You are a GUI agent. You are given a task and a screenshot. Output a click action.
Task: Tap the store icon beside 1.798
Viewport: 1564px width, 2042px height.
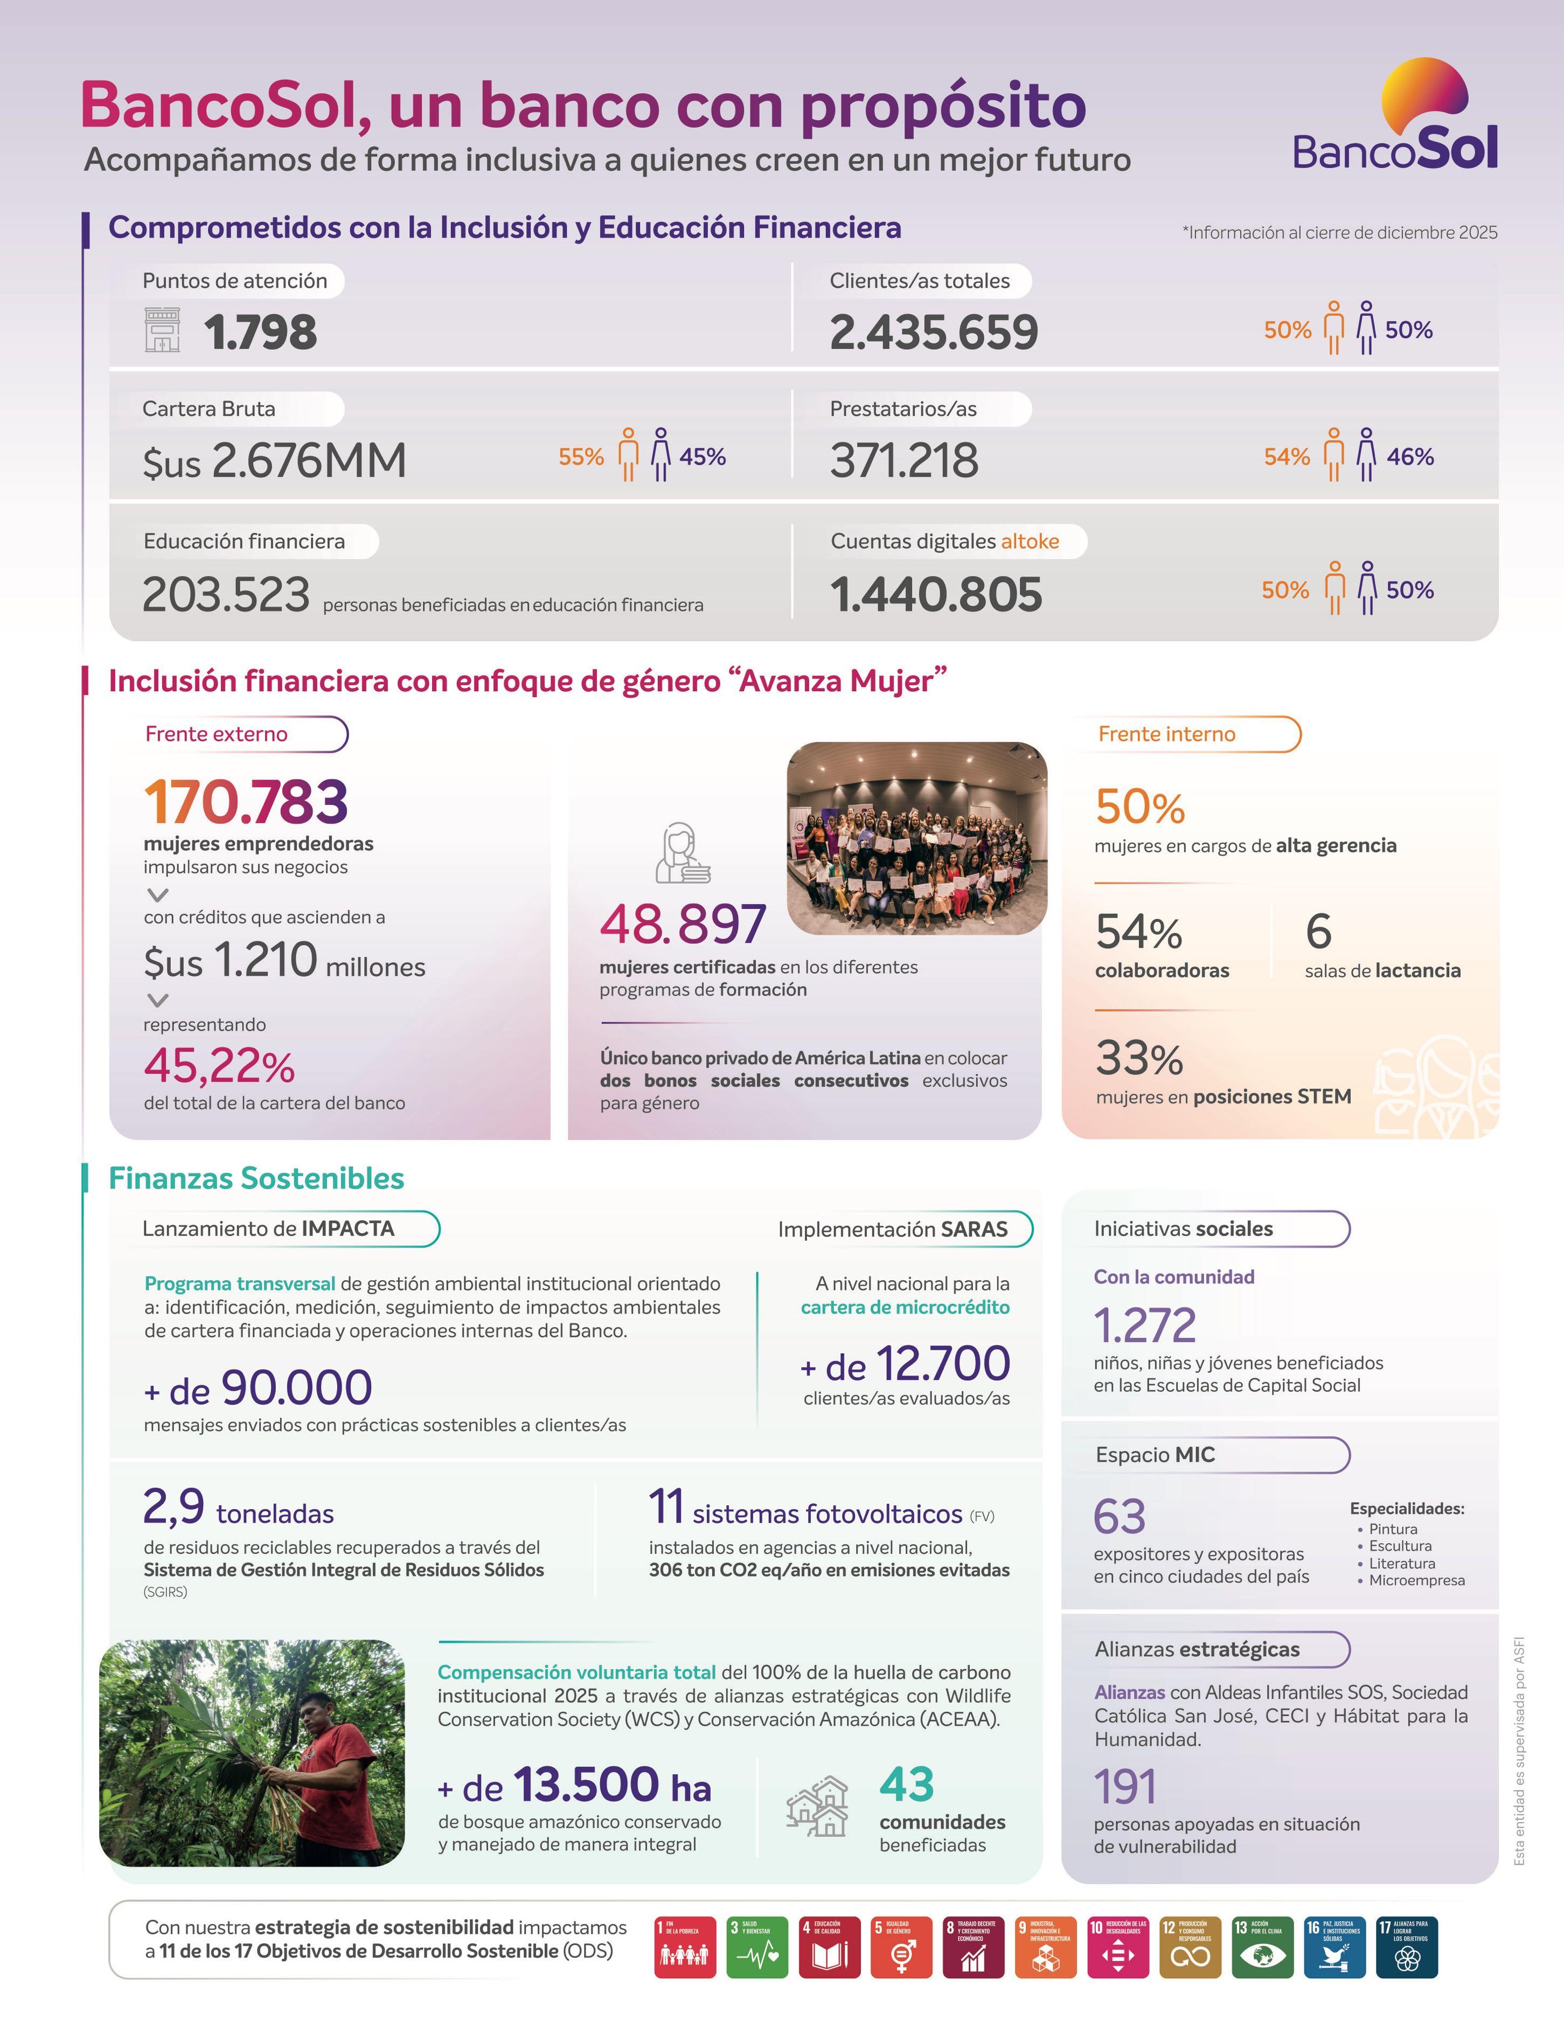(162, 331)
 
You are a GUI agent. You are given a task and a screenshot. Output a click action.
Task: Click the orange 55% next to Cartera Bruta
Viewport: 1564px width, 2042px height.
(581, 457)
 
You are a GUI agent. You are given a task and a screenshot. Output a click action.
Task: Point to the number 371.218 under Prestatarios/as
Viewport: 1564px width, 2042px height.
(904, 460)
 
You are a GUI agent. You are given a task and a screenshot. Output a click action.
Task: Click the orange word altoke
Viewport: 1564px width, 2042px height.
(1030, 542)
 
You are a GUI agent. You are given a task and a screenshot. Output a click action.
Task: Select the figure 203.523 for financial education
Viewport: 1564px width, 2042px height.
(225, 594)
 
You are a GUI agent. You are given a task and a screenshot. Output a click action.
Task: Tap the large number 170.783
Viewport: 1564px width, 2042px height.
(246, 802)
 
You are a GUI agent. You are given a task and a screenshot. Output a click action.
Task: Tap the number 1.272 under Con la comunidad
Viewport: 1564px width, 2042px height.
(1144, 1325)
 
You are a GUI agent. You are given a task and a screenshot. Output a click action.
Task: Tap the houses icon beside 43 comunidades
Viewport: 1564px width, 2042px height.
(817, 1807)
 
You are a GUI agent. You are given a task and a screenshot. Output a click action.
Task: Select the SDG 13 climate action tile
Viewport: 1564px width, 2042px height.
(1261, 1947)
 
